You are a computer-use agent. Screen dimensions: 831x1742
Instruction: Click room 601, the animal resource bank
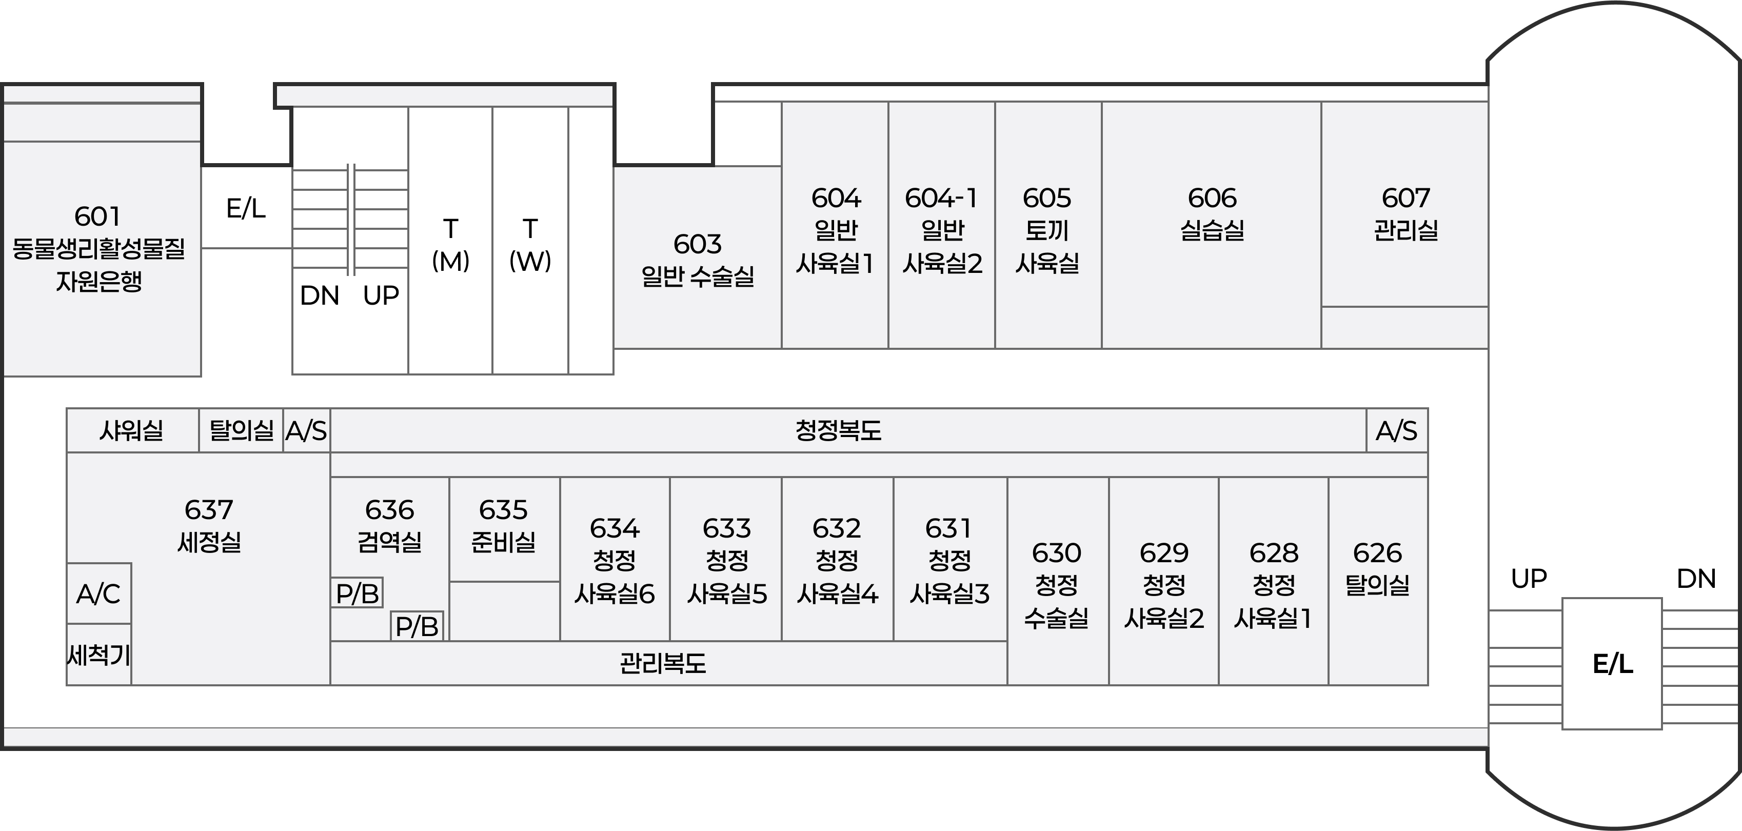[x=98, y=248]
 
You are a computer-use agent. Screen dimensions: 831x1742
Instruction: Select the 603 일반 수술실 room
[x=697, y=260]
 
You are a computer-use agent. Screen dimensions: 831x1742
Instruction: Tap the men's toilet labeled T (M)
[x=450, y=245]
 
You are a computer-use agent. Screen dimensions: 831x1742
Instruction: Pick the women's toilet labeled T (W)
[x=530, y=245]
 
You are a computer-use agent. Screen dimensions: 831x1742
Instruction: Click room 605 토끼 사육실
[x=1047, y=230]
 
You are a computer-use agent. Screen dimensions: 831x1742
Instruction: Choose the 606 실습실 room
[x=1212, y=214]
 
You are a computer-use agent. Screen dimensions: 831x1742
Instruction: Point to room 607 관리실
[x=1405, y=214]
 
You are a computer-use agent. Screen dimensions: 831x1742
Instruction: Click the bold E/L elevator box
[x=1612, y=664]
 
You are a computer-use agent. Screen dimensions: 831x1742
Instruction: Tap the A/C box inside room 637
[x=98, y=593]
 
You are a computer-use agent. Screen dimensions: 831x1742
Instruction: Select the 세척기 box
[x=98, y=655]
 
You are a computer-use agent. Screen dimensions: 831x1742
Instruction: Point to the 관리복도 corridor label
[x=663, y=663]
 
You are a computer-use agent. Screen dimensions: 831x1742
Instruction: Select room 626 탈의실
[x=1377, y=569]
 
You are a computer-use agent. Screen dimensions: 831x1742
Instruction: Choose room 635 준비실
[x=504, y=525]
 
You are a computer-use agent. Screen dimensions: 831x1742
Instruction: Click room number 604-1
[x=941, y=198]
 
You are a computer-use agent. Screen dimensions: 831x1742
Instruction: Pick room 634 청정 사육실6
[x=615, y=561]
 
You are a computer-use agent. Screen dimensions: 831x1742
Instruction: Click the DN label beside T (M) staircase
[x=319, y=295]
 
